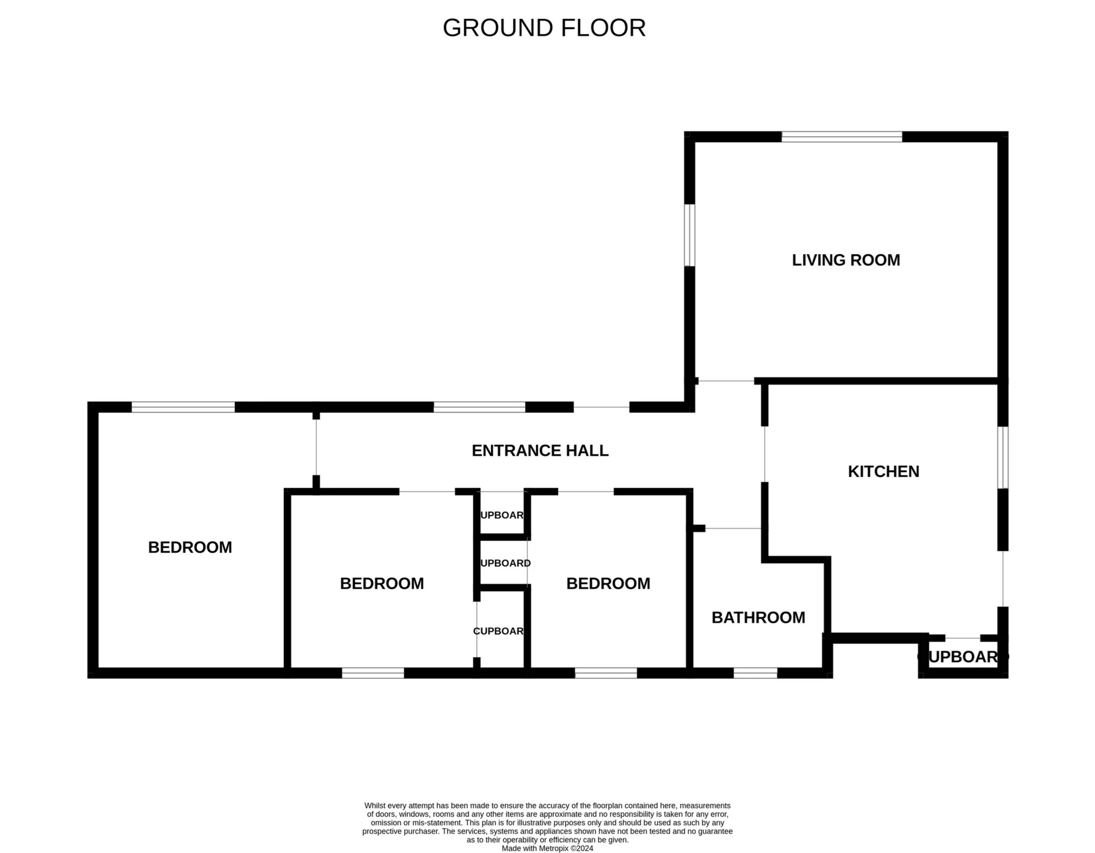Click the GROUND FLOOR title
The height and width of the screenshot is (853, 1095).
(544, 28)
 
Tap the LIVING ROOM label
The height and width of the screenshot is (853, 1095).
(846, 260)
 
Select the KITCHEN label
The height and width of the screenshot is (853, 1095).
(883, 472)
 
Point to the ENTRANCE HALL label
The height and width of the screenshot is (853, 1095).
(540, 451)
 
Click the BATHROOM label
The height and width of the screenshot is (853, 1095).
(758, 618)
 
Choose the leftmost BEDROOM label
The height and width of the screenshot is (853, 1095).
(190, 547)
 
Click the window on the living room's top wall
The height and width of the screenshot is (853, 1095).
(841, 137)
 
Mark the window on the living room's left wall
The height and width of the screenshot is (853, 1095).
(689, 235)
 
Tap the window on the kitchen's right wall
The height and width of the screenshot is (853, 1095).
(1003, 458)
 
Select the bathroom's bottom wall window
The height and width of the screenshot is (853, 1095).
(755, 673)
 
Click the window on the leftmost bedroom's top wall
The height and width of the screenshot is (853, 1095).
(183, 407)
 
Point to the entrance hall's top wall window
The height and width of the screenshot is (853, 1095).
(479, 407)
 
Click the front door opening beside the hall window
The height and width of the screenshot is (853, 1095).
(601, 407)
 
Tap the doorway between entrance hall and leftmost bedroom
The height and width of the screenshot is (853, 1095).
(316, 447)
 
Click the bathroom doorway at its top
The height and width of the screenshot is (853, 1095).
(733, 528)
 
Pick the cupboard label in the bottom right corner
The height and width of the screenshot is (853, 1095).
(963, 657)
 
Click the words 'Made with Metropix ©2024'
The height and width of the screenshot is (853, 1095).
(547, 849)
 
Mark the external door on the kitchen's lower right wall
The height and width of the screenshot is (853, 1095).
(1003, 579)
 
